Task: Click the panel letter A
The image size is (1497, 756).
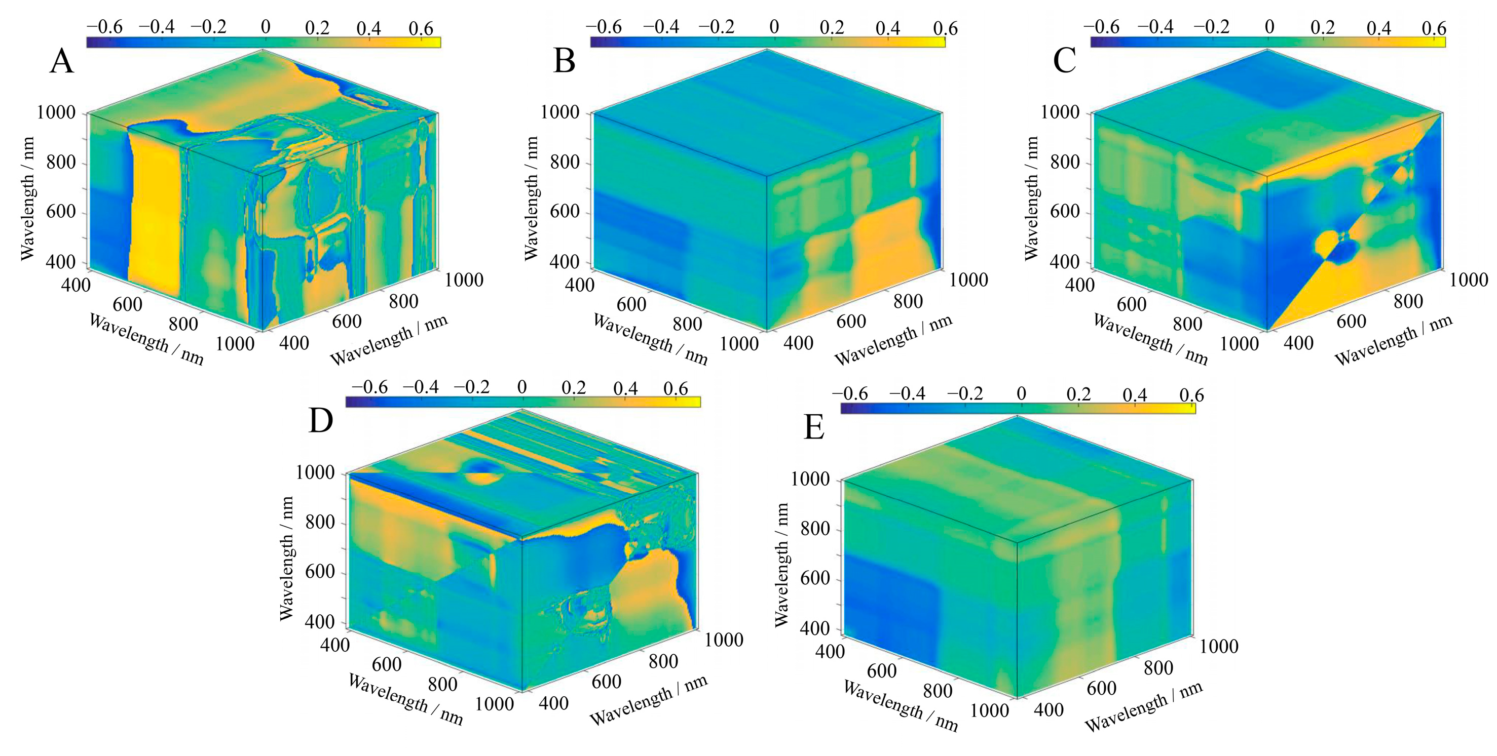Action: click(x=62, y=61)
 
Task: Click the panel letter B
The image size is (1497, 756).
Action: click(x=564, y=61)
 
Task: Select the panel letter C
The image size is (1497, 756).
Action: click(x=1064, y=61)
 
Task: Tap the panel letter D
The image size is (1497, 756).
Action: click(x=320, y=421)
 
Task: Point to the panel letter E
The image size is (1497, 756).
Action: click(x=813, y=428)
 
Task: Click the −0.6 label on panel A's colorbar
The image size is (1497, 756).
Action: click(x=104, y=27)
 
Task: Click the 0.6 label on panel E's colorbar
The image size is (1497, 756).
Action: click(x=1191, y=395)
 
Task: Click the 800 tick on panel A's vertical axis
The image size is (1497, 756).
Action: click(x=60, y=162)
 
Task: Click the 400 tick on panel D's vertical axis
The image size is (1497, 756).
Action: click(x=320, y=622)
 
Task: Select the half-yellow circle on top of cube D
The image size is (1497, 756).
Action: click(x=479, y=471)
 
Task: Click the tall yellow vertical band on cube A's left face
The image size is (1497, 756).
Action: click(x=154, y=215)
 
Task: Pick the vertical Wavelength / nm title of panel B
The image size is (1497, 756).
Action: click(x=531, y=198)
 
